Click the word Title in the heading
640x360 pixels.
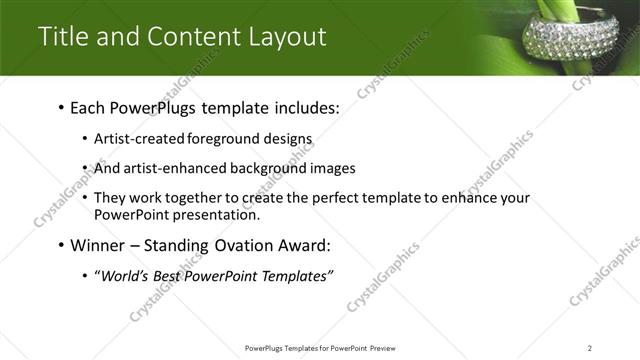tap(61, 36)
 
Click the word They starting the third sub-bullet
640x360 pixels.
tap(109, 198)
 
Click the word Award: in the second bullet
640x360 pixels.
tap(302, 245)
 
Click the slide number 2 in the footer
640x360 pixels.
tap(590, 347)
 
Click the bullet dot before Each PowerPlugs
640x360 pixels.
tap(61, 107)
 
